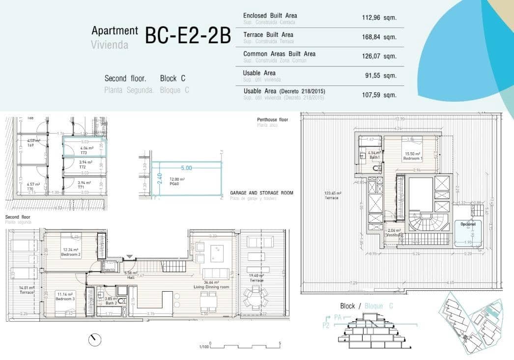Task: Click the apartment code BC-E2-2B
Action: [x=188, y=36]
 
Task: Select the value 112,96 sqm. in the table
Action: [x=379, y=18]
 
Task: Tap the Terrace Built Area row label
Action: [x=268, y=35]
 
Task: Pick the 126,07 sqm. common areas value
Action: [x=379, y=56]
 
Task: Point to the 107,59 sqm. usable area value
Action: [x=379, y=95]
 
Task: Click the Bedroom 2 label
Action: [x=71, y=255]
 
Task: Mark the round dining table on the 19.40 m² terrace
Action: [x=256, y=297]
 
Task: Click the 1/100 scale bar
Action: [x=244, y=345]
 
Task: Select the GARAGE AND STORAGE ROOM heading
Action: [x=261, y=193]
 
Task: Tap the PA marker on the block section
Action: [x=338, y=318]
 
